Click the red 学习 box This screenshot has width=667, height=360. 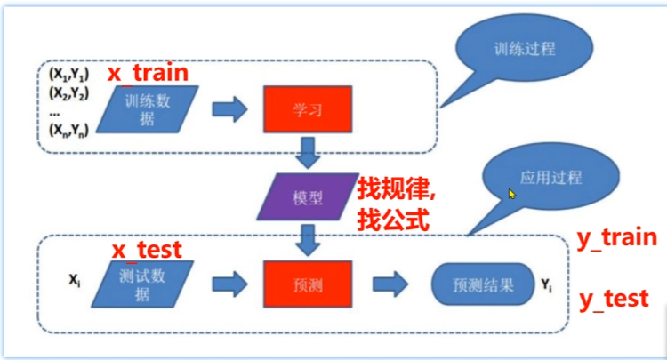click(x=308, y=109)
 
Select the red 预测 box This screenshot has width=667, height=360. click(x=308, y=284)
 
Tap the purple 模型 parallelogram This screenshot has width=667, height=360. click(x=308, y=196)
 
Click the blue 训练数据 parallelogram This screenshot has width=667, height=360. click(x=147, y=109)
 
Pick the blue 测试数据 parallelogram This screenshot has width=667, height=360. click(x=142, y=284)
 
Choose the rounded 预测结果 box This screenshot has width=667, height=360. click(x=483, y=284)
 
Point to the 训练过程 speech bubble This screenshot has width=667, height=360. click(x=524, y=48)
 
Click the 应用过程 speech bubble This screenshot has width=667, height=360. click(x=550, y=176)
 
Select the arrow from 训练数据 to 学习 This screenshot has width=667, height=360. click(x=229, y=109)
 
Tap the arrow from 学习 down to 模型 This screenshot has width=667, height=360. click(x=308, y=153)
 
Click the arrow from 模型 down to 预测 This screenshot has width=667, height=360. click(x=308, y=240)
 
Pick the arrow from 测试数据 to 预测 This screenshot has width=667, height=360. click(x=229, y=284)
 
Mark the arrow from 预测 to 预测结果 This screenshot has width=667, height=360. click(x=390, y=284)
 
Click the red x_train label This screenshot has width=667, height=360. click(x=148, y=73)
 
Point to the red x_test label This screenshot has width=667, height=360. click(x=147, y=250)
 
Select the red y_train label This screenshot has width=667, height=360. click(x=617, y=238)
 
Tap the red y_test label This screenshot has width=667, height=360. click(x=614, y=300)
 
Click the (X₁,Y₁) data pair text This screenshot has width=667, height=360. click(x=68, y=75)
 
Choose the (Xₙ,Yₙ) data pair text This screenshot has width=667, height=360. click(x=68, y=130)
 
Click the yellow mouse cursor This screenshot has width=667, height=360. click(x=511, y=195)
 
